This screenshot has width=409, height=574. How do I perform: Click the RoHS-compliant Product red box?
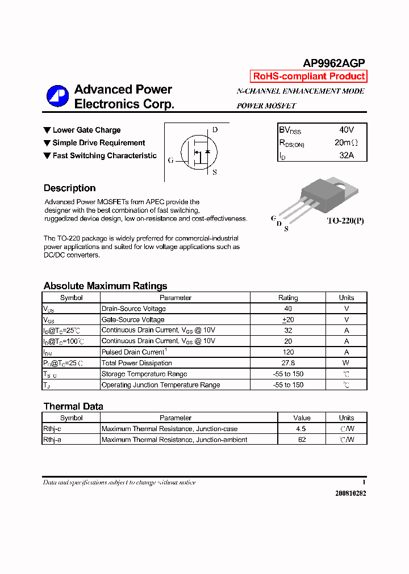point(308,77)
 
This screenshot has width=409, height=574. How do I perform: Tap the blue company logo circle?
point(57,96)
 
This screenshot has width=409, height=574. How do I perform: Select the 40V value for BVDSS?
point(347,130)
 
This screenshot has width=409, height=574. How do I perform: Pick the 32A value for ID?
point(347,155)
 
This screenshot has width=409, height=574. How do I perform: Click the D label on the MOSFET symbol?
point(215,130)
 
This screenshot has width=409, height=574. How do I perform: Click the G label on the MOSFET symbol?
point(170,160)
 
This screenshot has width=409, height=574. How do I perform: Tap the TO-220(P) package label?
point(345,221)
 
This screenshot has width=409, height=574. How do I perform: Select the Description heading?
point(69,188)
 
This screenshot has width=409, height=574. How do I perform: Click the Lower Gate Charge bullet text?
point(86,130)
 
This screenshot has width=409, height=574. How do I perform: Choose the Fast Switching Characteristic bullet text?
point(105,155)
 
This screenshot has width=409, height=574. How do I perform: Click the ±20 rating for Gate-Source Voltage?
point(288,319)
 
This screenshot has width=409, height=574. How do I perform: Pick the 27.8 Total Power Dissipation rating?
point(288,363)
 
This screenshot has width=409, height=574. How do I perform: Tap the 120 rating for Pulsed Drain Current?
point(288,352)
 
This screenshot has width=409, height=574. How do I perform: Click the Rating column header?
point(288,298)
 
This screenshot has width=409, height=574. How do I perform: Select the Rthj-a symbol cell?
point(53,440)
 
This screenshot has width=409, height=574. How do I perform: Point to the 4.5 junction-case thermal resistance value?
point(301,429)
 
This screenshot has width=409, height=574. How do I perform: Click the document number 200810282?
point(350,493)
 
